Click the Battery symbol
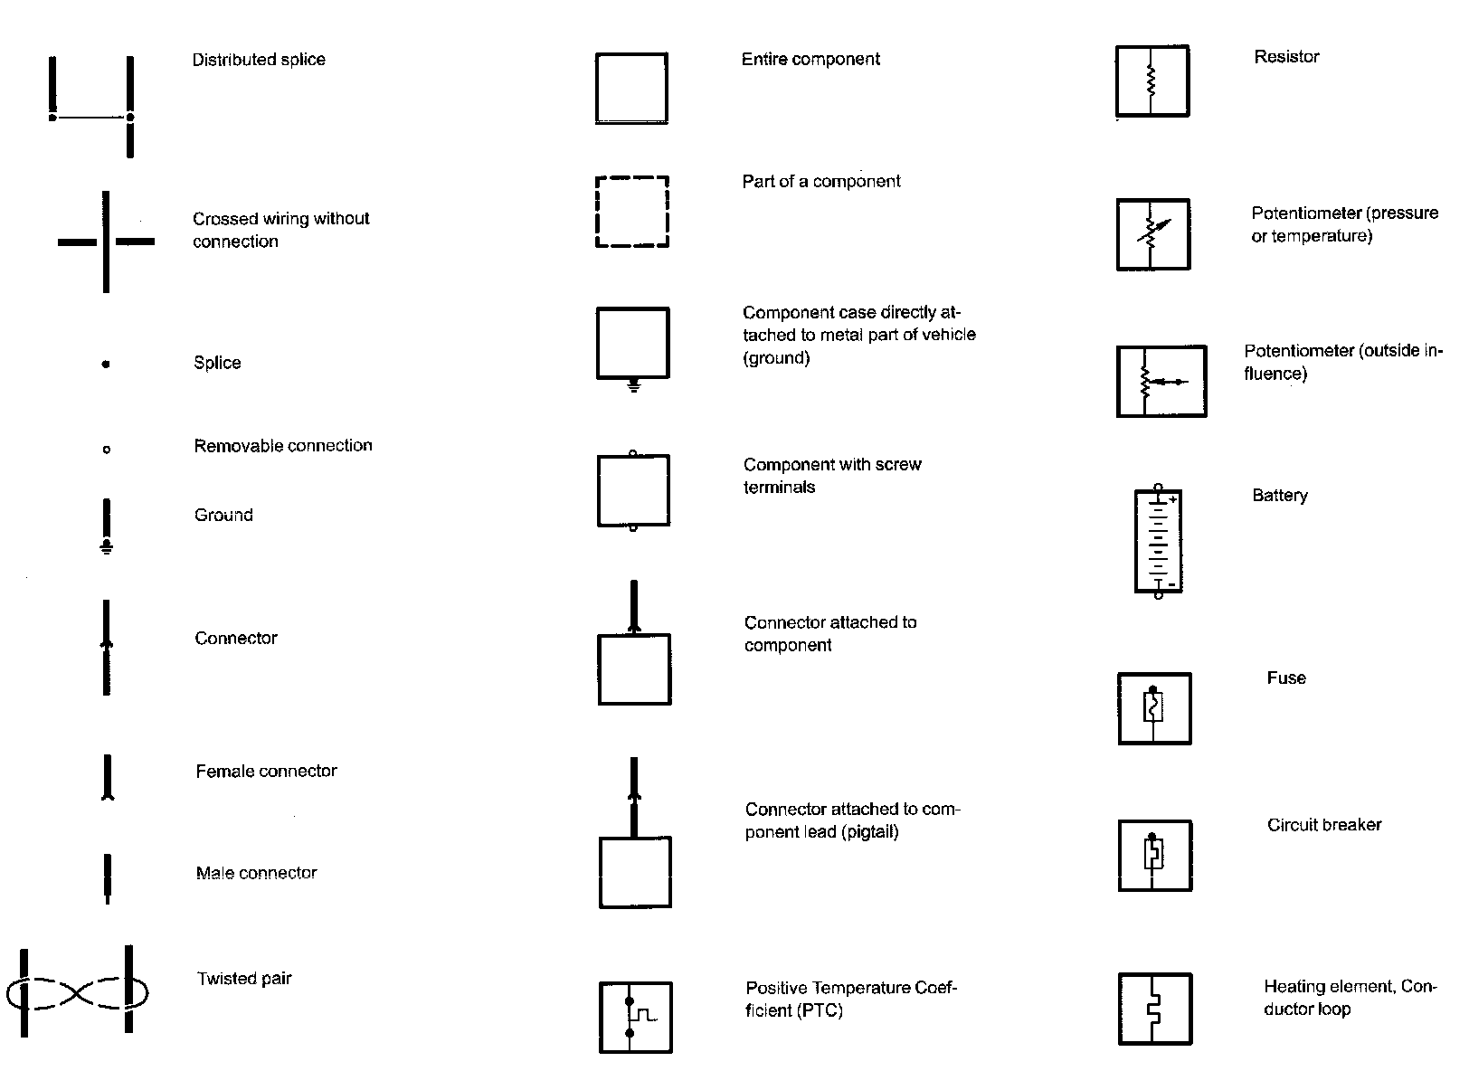pos(1158,542)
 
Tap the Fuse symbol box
pos(1154,708)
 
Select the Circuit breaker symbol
pos(1154,856)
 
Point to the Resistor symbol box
pos(1152,81)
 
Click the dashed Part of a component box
pos(632,212)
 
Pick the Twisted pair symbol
pos(78,992)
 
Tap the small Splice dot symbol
pos(106,365)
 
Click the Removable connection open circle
pos(107,449)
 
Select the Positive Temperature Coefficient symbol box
pos(635,1017)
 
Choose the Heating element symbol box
pos(1154,1009)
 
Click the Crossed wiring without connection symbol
pos(106,242)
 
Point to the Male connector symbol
pos(108,878)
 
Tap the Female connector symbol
pos(108,778)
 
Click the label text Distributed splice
pos(259,60)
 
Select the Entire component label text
pos(810,60)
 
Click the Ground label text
pos(223,516)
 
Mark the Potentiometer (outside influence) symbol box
pos(1161,381)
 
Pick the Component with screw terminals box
pos(633,490)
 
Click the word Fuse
pos(1285,678)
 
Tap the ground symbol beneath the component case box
pos(633,386)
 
